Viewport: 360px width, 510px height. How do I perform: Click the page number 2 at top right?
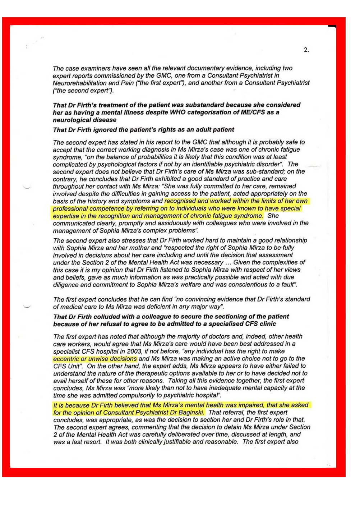(306, 50)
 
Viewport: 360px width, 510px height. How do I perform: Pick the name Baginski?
(191, 413)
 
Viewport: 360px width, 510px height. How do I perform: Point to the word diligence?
(66, 285)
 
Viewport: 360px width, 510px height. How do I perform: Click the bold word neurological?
(70, 120)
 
